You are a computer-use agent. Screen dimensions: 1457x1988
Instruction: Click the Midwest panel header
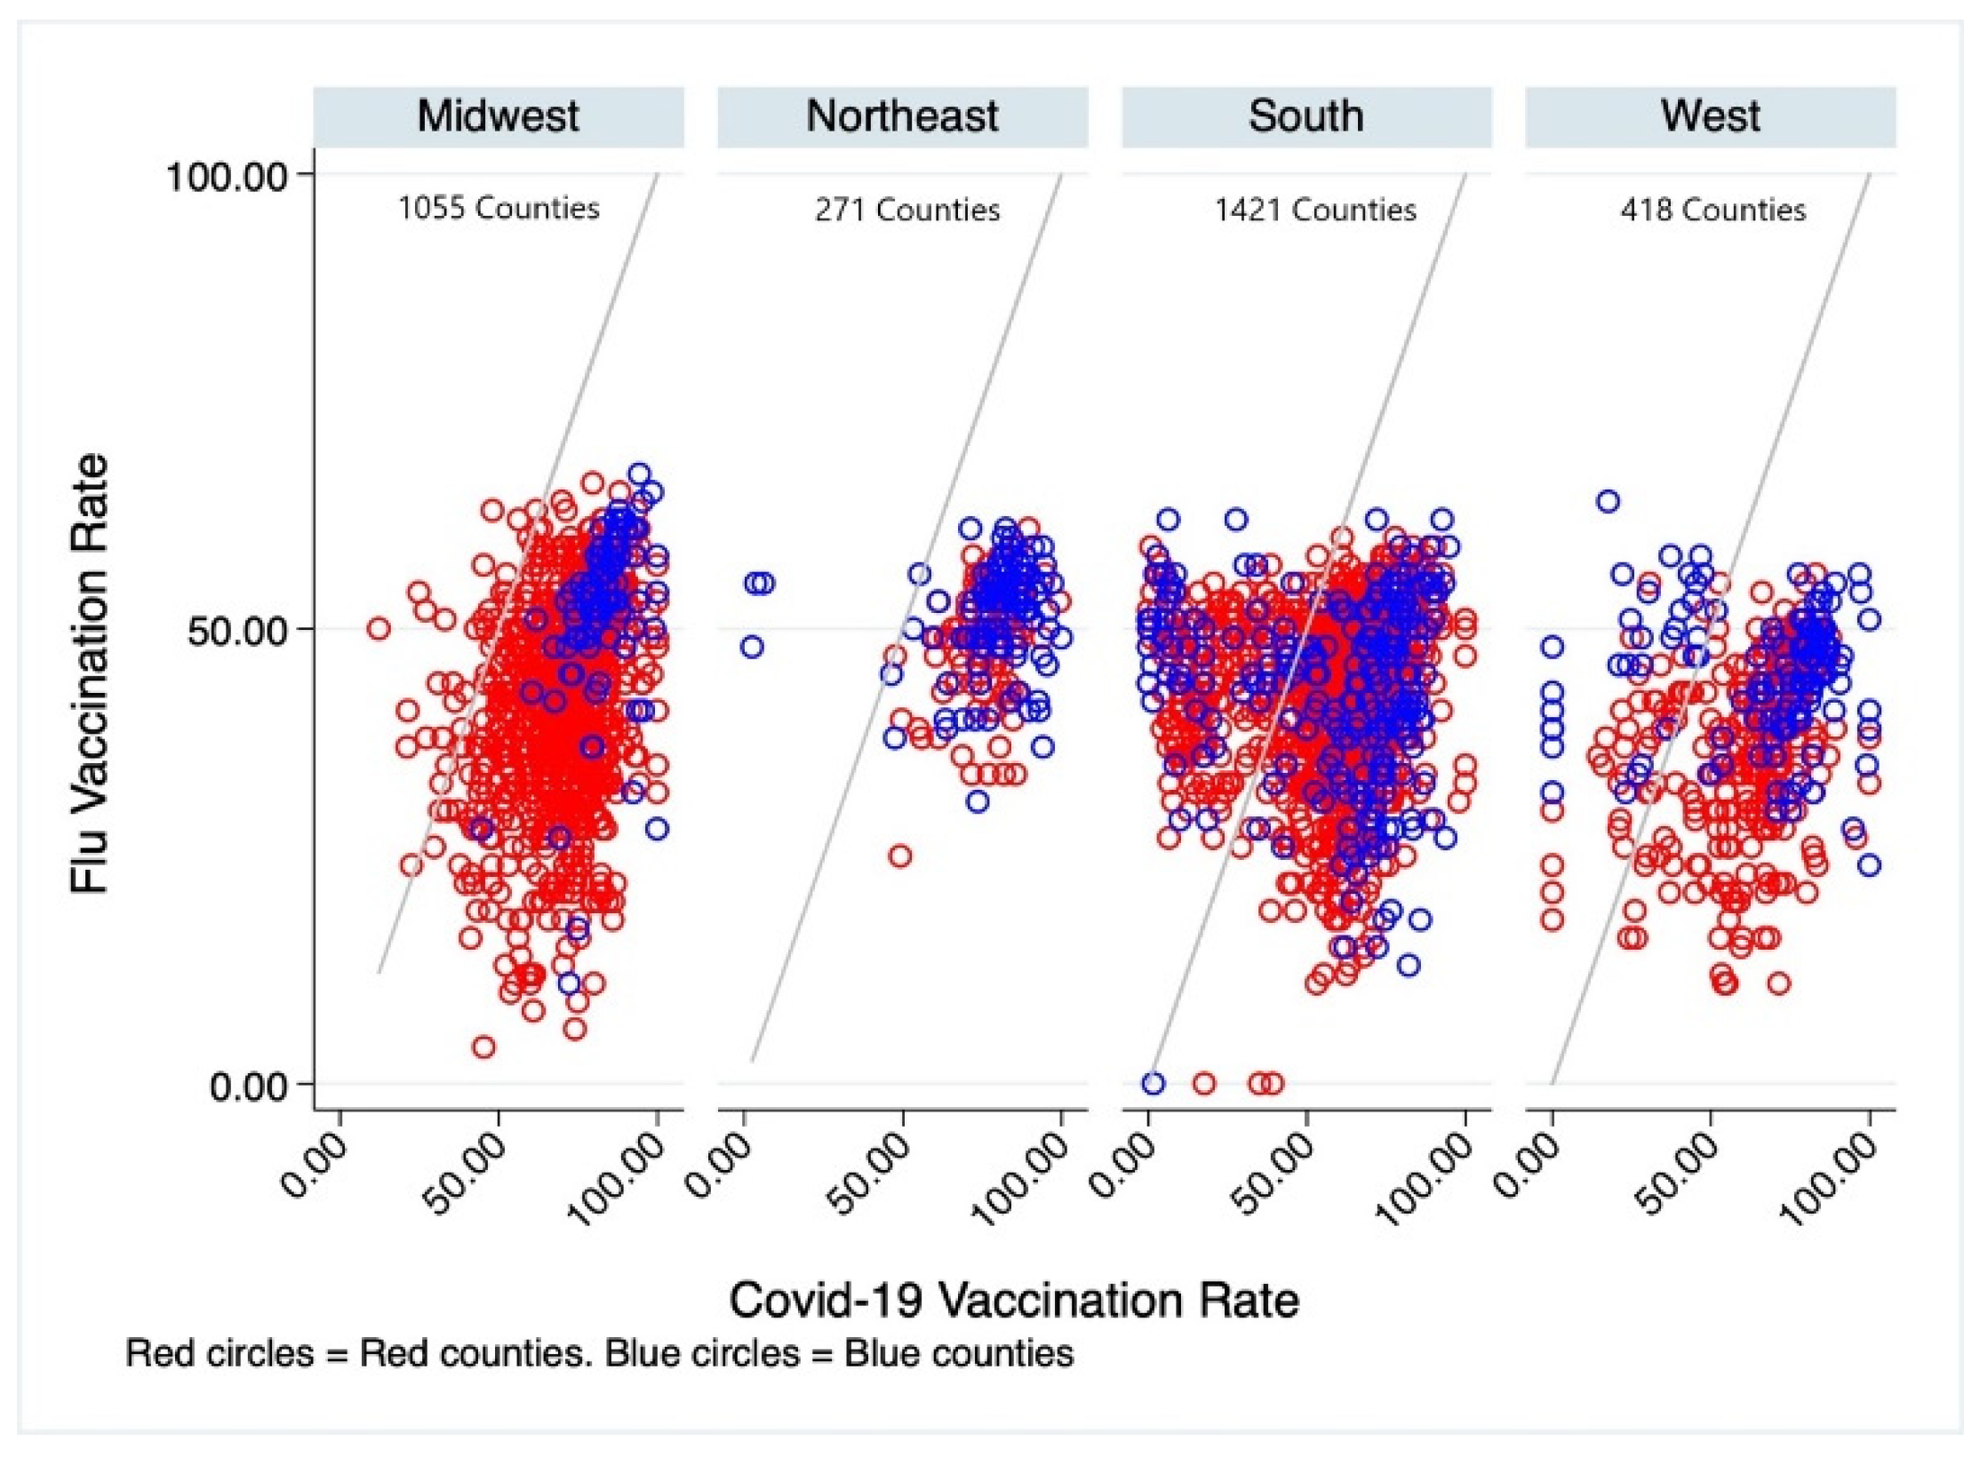498,116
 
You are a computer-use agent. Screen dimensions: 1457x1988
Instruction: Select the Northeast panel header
902,116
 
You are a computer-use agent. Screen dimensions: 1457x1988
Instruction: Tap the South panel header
1305,116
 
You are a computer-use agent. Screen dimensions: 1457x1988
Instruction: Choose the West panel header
1710,116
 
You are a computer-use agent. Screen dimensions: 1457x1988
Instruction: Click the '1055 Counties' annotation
498,208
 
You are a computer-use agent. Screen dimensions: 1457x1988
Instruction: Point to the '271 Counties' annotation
906,210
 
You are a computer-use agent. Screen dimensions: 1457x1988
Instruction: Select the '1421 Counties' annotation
1315,210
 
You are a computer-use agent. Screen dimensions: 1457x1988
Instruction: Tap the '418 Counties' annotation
1713,210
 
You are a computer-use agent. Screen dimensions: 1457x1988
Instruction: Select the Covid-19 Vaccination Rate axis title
1014,1301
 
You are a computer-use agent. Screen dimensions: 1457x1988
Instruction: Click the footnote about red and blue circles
599,1354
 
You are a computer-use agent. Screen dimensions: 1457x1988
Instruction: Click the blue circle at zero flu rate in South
1154,1083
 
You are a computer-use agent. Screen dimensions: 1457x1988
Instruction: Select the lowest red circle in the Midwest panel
483,1047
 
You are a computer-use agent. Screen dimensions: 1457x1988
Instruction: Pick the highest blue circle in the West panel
1608,501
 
